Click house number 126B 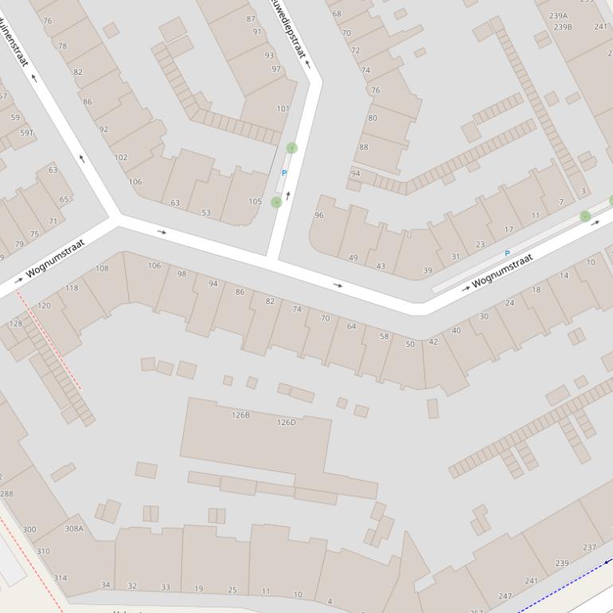coord(240,415)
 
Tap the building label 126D coord(286,422)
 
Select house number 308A coord(74,528)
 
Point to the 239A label coord(558,16)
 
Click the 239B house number coord(563,27)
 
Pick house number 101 coord(283,109)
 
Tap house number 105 coord(255,201)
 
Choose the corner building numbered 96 coord(319,215)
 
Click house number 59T coord(26,133)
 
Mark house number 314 coord(60,578)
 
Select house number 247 coord(505,595)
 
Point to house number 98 coord(182,274)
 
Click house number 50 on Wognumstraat coord(410,344)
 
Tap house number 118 coord(72,288)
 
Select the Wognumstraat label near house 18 coord(502,271)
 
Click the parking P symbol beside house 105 coord(284,173)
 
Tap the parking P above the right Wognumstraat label coord(507,254)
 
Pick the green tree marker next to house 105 coord(276,202)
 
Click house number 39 coord(428,271)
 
